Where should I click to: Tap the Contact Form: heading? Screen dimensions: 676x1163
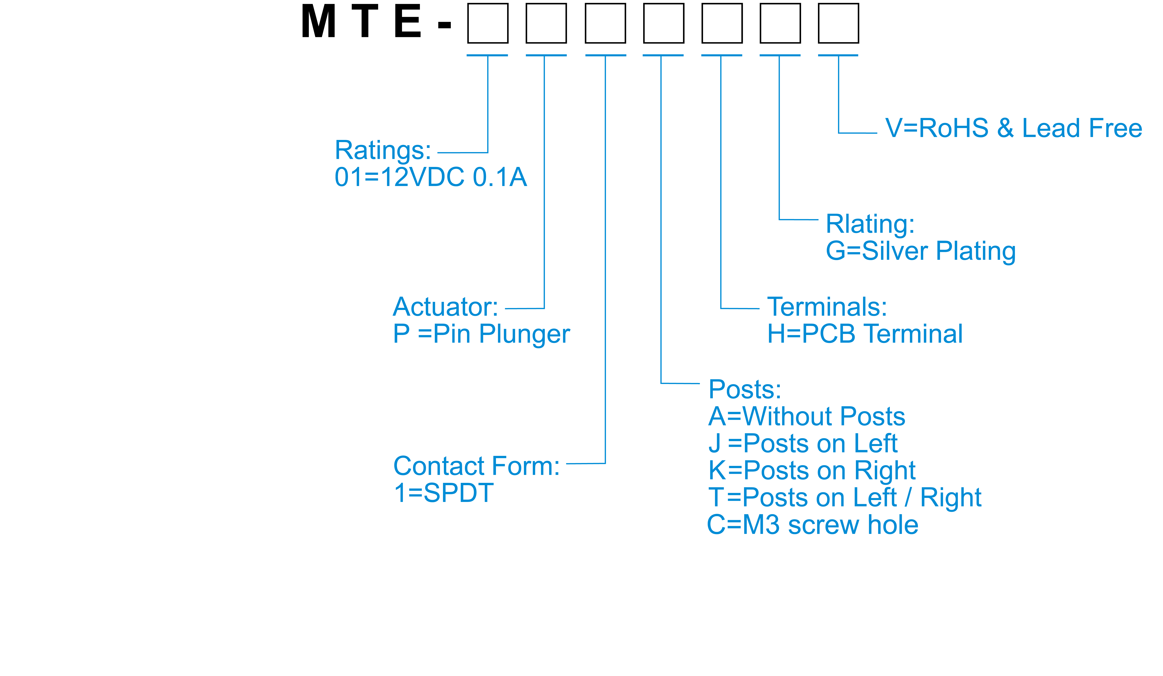(x=476, y=466)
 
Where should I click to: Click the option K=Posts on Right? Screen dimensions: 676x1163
(x=812, y=471)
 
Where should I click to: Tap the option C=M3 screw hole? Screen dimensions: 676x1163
(x=813, y=525)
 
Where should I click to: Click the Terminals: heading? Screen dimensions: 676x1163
(x=827, y=307)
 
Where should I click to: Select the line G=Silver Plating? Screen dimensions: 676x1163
(x=921, y=251)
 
